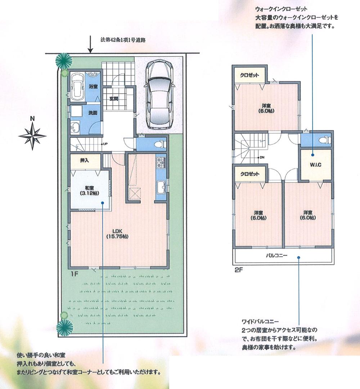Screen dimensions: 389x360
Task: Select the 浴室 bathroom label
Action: (x=93, y=86)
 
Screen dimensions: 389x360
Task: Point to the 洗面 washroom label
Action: (x=93, y=113)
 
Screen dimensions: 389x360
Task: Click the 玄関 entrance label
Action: (x=114, y=99)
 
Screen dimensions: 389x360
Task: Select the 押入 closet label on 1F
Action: (x=84, y=161)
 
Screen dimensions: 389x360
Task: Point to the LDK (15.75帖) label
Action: (x=117, y=234)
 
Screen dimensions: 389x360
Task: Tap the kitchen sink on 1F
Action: (x=161, y=188)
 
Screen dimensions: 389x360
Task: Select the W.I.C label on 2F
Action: (x=315, y=165)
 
